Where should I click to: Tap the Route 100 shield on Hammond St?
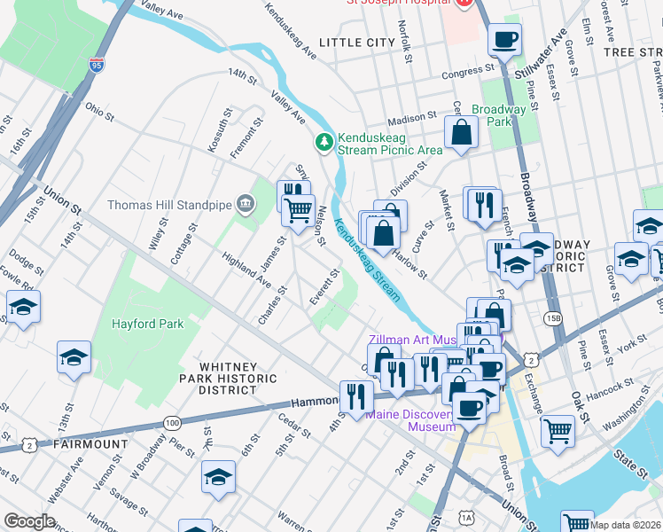click(172, 422)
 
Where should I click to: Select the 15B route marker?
click(554, 317)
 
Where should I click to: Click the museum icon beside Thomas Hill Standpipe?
click(246, 205)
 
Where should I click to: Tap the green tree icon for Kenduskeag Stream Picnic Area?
click(324, 141)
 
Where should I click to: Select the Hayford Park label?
click(147, 324)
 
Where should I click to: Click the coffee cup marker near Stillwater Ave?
click(504, 40)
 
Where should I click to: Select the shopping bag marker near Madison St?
click(462, 134)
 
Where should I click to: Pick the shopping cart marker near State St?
click(558, 431)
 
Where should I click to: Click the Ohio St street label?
click(99, 111)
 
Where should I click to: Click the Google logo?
click(29, 521)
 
